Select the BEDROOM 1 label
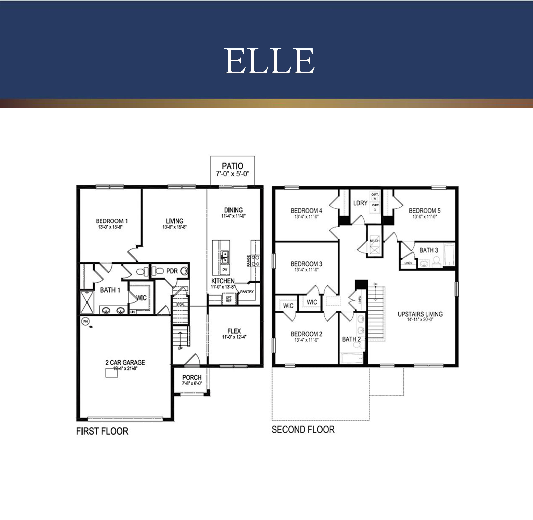coord(112,221)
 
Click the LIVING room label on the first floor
coord(174,221)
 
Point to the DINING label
coord(233,210)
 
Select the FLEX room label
coord(234,331)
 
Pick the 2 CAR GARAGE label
coord(125,362)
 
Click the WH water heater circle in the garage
coord(85,322)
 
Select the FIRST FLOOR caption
coord(102,431)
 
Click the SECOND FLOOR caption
coord(303,430)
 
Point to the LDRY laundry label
coord(360,203)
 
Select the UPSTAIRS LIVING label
coord(420,314)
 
